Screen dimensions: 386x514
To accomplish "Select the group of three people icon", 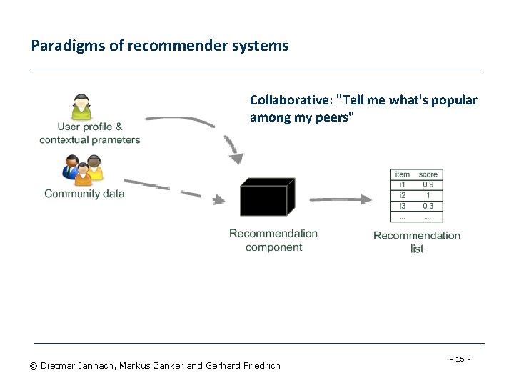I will click(x=83, y=171).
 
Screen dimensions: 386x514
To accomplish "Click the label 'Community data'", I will click(x=84, y=194).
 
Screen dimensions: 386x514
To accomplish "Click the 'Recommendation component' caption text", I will click(x=273, y=240).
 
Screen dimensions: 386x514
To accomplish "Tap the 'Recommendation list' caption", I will click(x=417, y=242).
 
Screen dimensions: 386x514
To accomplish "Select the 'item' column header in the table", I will click(x=403, y=174).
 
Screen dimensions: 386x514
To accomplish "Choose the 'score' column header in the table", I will click(x=428, y=174).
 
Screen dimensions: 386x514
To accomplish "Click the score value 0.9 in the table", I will click(x=428, y=184).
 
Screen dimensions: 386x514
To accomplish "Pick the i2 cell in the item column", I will click(x=403, y=195).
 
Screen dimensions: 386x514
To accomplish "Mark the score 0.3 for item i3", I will click(x=428, y=206).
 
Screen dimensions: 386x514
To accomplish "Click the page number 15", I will click(x=460, y=358).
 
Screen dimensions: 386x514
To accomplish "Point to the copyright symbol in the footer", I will click(x=34, y=366).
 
